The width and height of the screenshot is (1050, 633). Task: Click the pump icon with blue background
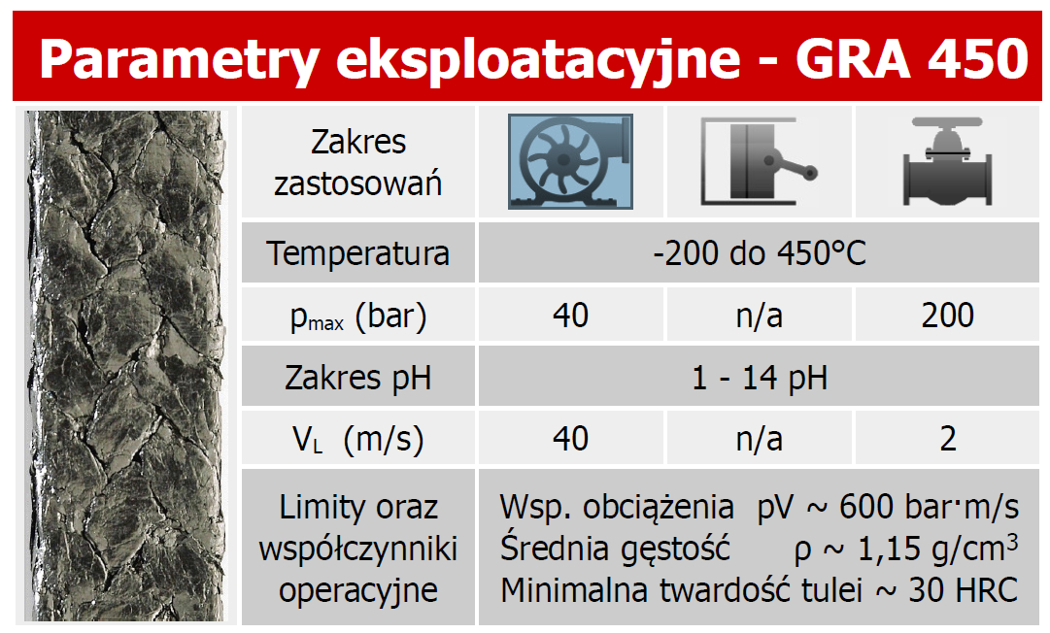570,161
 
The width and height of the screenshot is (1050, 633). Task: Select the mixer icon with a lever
760,161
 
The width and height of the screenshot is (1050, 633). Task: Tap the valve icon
948,161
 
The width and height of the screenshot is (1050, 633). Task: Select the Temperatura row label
357,253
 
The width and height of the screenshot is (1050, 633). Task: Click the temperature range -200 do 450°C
760,253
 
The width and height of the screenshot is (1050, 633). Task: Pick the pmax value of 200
948,316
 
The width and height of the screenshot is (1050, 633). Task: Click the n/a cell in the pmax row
760,316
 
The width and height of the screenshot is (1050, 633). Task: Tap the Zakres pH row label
357,378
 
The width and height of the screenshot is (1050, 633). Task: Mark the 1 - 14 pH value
760,378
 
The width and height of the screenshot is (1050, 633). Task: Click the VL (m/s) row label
358,441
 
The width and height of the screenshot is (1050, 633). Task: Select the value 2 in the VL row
948,439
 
